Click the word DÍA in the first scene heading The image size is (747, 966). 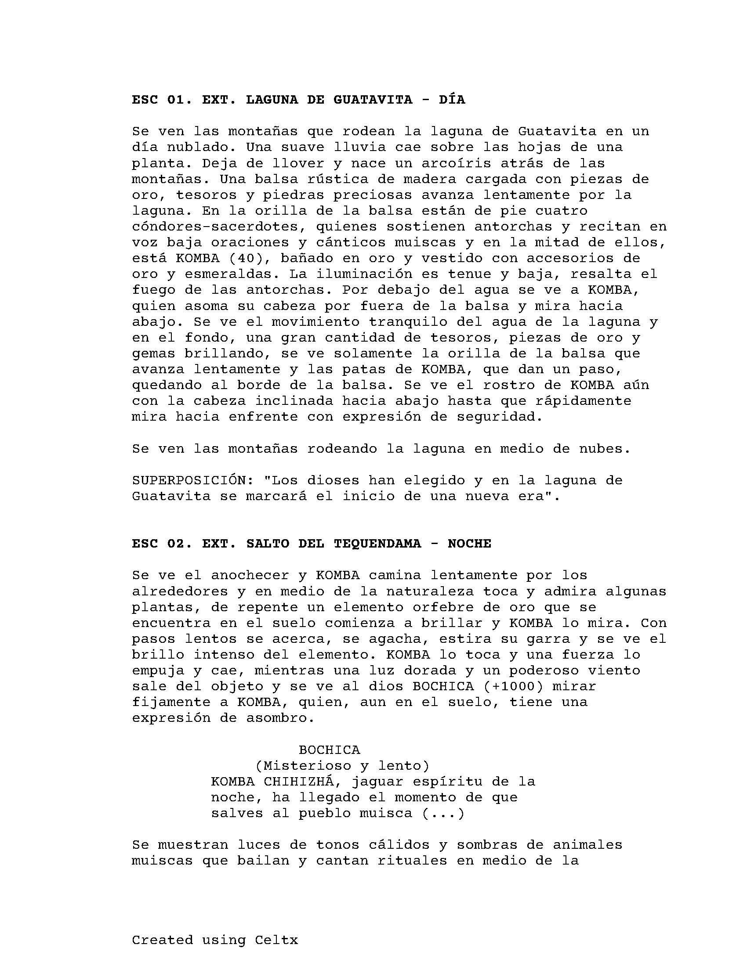tap(452, 100)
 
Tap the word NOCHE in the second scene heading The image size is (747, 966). tap(469, 543)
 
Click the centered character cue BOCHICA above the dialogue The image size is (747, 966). tap(329, 750)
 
